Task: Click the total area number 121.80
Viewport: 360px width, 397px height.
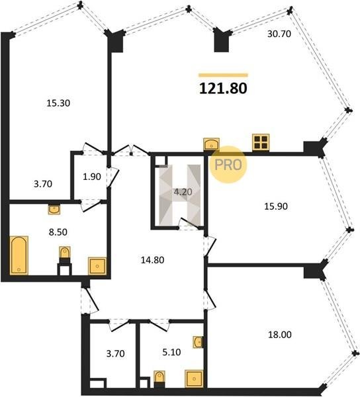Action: click(223, 89)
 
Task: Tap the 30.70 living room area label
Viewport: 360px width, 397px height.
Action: click(279, 34)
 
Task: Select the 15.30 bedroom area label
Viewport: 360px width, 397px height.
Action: click(58, 103)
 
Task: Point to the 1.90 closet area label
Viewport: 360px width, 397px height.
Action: click(92, 177)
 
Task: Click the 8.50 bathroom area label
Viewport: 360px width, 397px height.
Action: click(58, 232)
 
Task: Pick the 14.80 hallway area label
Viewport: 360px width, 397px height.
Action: click(152, 260)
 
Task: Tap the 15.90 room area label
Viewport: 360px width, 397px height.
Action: click(276, 206)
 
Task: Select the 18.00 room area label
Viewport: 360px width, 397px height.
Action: click(280, 334)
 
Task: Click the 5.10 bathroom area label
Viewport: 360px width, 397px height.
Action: click(171, 352)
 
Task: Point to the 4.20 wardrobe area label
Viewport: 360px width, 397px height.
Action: click(183, 192)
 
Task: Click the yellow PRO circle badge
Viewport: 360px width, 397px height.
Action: click(228, 165)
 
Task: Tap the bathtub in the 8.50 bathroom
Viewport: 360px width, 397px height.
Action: click(19, 255)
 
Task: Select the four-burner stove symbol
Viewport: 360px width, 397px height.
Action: click(261, 142)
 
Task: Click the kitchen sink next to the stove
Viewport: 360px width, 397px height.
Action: click(211, 144)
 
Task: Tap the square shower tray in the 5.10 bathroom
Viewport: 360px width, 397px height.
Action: click(194, 378)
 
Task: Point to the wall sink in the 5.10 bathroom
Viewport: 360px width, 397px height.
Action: click(198, 342)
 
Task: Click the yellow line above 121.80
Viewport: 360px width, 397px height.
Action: click(223, 75)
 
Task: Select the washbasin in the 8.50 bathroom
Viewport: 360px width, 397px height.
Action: click(54, 209)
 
